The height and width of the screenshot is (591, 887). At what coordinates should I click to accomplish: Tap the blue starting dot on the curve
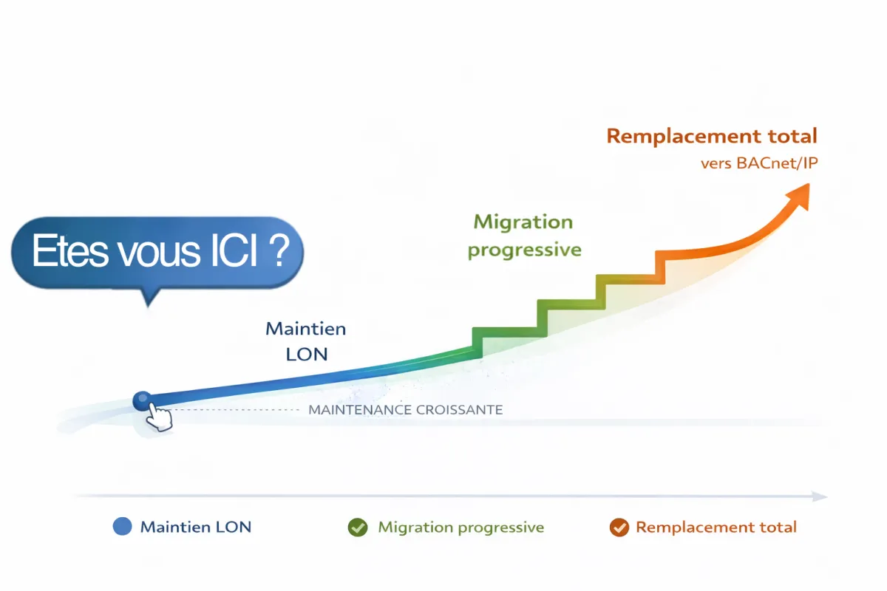141,401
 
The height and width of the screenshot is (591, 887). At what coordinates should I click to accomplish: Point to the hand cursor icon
158,418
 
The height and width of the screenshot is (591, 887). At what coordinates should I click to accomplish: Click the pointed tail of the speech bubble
149,297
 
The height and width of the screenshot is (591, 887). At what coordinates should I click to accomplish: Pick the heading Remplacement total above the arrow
711,136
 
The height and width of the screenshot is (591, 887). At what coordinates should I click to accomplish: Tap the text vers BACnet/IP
759,163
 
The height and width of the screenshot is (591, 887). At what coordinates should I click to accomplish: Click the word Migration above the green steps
523,222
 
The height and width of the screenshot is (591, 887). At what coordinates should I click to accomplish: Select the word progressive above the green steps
524,249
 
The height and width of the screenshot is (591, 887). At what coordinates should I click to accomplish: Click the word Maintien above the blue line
305,328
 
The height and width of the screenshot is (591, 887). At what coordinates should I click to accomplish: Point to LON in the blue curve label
306,354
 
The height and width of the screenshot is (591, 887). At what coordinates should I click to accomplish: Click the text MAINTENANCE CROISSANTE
405,409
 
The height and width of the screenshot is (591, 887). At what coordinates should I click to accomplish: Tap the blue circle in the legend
122,527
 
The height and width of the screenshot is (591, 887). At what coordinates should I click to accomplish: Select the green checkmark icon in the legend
358,527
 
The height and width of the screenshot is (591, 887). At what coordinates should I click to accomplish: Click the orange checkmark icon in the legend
619,527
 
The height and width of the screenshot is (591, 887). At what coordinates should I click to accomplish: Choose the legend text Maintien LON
196,527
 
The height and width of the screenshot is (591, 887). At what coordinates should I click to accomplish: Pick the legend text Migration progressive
461,527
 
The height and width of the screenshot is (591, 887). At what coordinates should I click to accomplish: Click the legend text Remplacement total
716,527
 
